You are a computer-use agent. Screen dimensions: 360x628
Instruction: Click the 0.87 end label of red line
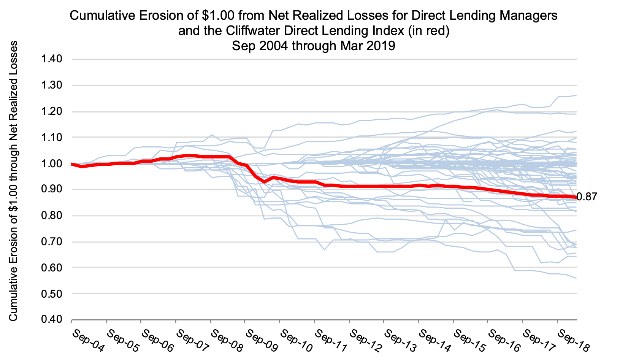pyautogui.click(x=587, y=197)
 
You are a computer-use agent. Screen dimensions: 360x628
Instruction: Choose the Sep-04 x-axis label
pyautogui.click(x=88, y=341)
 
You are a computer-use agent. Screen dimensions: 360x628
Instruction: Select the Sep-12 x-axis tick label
pyautogui.click(x=366, y=341)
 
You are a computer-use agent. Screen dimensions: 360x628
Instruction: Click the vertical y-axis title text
pyautogui.click(x=14, y=181)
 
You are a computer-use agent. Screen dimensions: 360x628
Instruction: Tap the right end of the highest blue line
pyautogui.click(x=576, y=95)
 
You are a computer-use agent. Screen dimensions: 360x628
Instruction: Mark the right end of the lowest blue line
pyautogui.click(x=576, y=278)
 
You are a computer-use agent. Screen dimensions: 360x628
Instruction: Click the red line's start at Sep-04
pyautogui.click(x=72, y=164)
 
